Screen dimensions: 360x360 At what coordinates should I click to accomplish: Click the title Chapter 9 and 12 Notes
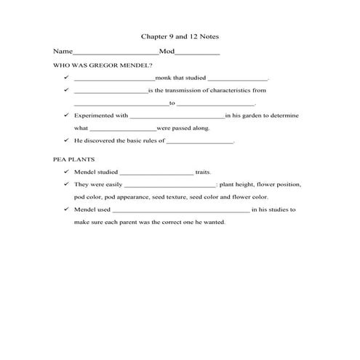(x=179, y=36)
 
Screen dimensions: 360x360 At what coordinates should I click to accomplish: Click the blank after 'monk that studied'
(x=238, y=79)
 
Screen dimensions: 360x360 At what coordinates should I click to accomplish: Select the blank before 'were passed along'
(x=122, y=129)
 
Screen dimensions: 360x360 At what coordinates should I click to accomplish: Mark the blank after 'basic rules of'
(x=200, y=142)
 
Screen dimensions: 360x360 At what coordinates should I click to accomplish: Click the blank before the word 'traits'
(x=156, y=173)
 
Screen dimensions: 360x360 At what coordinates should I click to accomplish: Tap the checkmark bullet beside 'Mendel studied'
(x=66, y=172)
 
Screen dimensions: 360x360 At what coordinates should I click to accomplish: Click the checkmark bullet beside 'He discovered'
(x=66, y=140)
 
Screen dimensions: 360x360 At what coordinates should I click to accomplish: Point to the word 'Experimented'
(x=92, y=116)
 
